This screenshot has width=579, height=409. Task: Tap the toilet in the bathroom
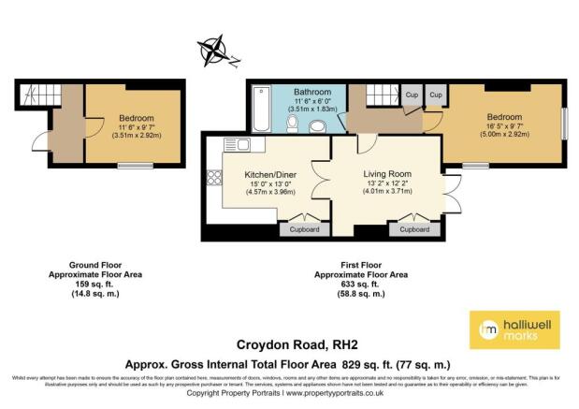[x=294, y=119]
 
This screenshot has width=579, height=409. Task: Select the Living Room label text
[x=387, y=173]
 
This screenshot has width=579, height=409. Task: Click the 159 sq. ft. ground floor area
[x=96, y=285]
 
